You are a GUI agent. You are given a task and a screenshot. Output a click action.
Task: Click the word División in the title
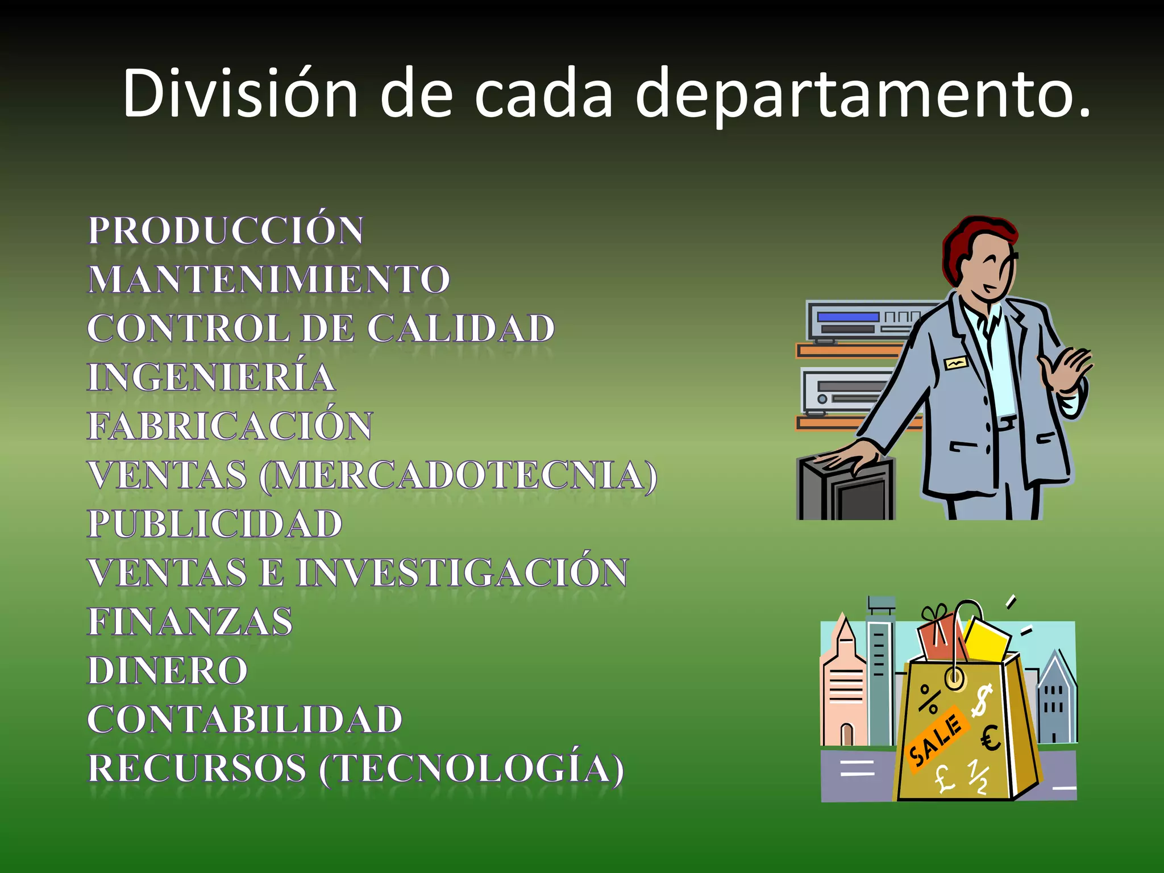coord(240,94)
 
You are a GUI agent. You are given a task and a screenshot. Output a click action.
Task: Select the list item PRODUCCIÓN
coord(226,230)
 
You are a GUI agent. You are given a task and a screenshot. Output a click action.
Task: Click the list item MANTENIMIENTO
coord(269,280)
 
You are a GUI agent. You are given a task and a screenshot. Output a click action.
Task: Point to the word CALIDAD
coord(460,329)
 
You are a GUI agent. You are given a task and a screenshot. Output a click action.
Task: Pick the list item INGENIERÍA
coord(211,377)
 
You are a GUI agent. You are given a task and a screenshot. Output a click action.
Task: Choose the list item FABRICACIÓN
coord(230,426)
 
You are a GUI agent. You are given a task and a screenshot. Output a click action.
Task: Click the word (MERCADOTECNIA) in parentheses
coord(458,475)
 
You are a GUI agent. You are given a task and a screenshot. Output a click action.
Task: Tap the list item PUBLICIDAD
coord(215,523)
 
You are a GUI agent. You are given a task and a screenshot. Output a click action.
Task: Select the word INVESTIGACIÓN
coord(463,572)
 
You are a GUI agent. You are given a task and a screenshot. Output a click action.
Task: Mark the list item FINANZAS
coord(190,621)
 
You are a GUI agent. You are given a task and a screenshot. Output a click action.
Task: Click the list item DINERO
coord(168,671)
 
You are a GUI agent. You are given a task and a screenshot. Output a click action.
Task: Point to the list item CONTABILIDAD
coord(244,720)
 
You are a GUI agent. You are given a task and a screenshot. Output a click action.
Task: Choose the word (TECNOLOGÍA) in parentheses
coord(472,768)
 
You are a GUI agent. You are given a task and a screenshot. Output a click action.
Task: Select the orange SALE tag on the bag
coord(936,739)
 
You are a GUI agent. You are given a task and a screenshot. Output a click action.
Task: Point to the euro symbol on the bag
coord(991,739)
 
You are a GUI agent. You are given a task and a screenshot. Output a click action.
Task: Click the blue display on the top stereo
coord(848,317)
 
